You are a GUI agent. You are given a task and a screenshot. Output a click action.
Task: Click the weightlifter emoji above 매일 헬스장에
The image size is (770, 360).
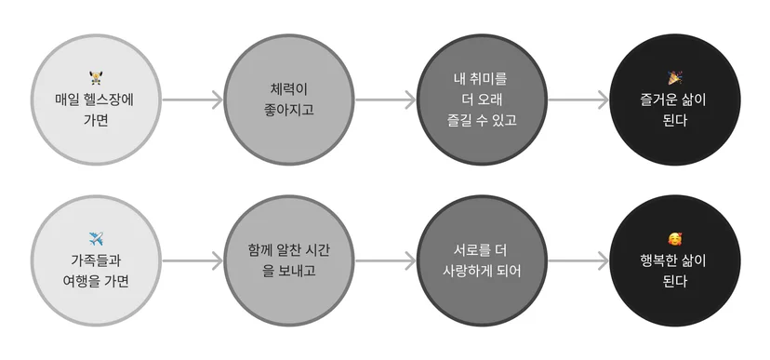pos(96,77)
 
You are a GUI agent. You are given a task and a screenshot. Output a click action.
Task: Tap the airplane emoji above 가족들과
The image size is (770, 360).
pos(96,239)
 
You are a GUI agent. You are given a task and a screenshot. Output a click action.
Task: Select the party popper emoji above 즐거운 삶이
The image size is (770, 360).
pos(675,77)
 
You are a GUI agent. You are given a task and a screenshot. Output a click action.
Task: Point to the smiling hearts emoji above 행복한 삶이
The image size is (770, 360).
pos(675,239)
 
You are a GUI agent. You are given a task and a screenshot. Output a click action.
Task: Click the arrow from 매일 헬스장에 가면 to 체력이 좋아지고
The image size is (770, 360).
pos(192,100)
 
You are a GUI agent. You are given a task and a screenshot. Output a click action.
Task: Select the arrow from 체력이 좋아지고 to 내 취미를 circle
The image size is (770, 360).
pos(386,100)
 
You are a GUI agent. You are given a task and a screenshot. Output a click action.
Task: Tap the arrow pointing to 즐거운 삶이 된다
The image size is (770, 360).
pos(578,100)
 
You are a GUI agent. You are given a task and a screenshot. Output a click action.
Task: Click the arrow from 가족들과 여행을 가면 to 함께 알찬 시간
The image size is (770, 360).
pos(192,260)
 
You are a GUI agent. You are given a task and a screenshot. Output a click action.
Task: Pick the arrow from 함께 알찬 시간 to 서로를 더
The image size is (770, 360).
pos(386,260)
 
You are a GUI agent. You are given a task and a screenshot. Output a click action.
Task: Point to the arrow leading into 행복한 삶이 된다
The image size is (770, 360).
pos(578,260)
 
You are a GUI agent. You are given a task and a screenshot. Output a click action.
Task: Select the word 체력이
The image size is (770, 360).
pos(288,89)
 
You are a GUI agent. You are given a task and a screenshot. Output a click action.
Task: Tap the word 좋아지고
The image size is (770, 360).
pos(288,110)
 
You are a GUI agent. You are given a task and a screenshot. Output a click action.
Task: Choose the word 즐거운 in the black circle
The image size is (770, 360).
pos(658,100)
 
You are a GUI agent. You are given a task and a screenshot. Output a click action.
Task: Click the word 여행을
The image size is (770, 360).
pos(82,282)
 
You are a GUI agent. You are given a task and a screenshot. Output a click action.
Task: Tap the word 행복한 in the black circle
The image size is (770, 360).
pos(658,260)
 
